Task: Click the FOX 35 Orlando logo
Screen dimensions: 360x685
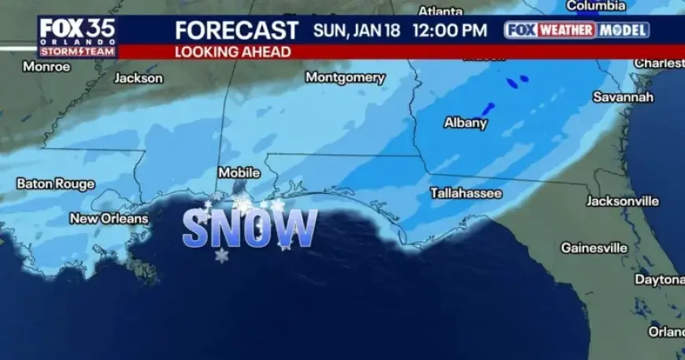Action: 77,36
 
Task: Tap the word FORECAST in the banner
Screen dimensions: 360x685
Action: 236,31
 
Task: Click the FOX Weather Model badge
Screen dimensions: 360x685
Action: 577,30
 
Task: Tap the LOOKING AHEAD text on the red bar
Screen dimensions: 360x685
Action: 232,52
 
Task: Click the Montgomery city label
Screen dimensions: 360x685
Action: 345,78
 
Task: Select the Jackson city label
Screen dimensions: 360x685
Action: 139,78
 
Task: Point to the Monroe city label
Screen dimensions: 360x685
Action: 46,67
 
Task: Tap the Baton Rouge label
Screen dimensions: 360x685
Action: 55,184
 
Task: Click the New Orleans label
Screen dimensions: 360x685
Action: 109,218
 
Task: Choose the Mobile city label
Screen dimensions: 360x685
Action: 239,172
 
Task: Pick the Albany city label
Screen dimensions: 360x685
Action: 465,123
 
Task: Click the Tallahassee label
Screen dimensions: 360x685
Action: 466,192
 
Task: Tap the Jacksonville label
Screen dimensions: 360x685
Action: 622,201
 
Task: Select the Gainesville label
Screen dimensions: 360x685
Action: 594,247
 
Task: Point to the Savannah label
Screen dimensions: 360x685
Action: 624,97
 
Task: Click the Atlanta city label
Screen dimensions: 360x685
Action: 440,11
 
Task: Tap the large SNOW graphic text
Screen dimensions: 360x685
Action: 250,229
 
